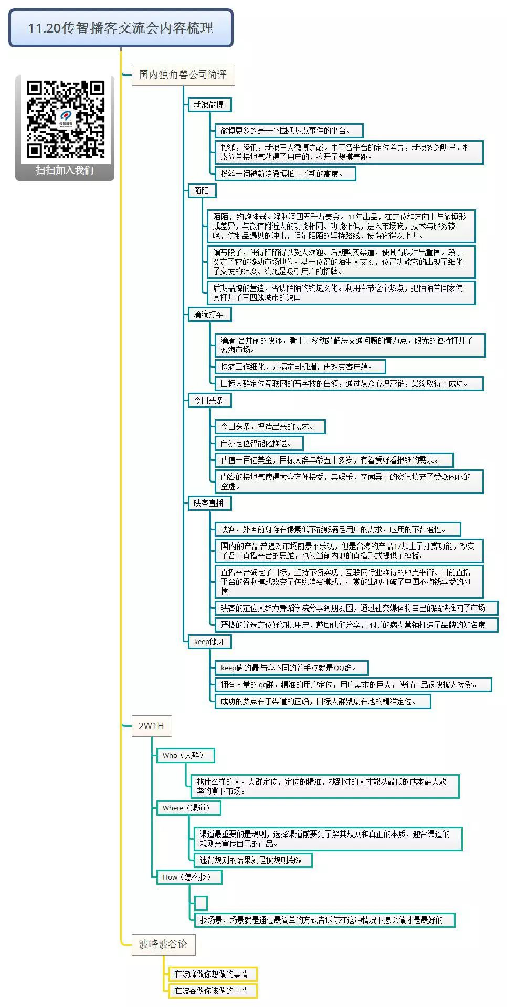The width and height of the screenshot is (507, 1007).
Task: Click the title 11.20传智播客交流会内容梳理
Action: coord(121,28)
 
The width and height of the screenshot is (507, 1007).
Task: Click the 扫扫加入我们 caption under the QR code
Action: coord(65,170)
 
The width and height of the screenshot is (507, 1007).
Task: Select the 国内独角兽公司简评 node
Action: coord(183,75)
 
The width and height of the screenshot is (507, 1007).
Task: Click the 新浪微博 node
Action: coord(209,104)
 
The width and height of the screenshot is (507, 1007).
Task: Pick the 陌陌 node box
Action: coord(202,190)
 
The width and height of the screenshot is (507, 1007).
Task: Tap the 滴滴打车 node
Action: coord(209,314)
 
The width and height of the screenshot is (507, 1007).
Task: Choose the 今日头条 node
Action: coord(209,400)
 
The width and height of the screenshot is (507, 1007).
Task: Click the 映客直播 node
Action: coord(209,503)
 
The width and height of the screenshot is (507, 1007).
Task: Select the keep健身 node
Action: coord(209,641)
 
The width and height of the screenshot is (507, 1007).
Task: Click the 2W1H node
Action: coord(151,726)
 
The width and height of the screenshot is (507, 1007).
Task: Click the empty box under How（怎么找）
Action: coord(201,903)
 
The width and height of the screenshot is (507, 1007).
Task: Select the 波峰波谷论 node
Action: coord(163,944)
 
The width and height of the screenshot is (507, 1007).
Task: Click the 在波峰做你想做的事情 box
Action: coord(212,974)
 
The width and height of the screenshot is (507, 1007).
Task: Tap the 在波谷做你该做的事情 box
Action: coord(212,991)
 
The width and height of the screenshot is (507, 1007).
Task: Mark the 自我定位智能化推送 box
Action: coord(259,443)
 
